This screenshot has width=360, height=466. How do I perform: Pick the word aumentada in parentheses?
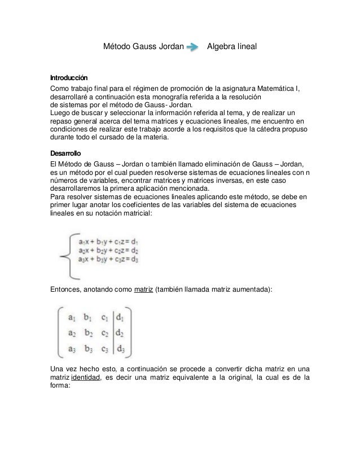[x=251, y=290]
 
